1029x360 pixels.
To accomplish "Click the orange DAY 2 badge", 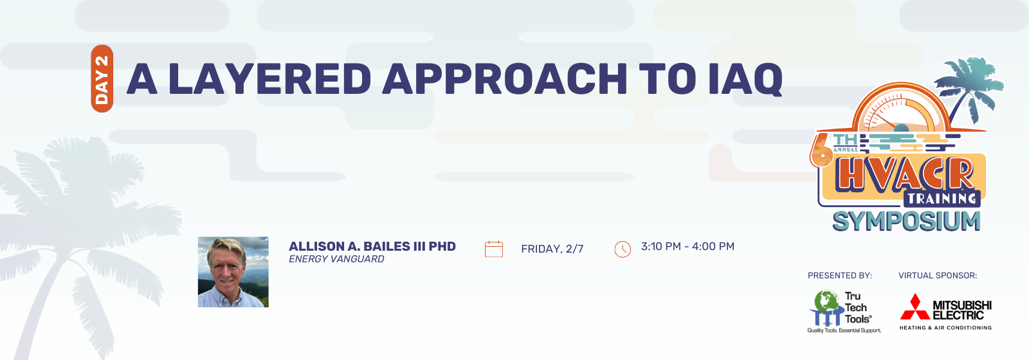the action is point(102,78).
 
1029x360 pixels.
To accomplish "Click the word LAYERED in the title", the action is point(269,78).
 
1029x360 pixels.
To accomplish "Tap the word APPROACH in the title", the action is point(504,78).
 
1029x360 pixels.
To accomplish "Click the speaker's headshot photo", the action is point(233,272).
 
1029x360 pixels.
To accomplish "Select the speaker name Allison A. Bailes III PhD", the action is point(372,247).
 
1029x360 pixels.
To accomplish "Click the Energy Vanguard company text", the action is point(336,259).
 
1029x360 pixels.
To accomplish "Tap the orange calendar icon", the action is point(494,249).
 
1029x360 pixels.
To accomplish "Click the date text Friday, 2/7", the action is point(552,249).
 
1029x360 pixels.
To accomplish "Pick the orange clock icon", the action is point(623,249).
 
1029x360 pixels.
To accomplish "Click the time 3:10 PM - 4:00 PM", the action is point(688,247).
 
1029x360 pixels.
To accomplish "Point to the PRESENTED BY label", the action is point(840,276).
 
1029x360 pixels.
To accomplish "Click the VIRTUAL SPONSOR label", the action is point(938,276).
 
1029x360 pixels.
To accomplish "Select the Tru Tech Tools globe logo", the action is point(826,308).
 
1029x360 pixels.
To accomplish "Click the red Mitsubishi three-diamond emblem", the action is point(915,307).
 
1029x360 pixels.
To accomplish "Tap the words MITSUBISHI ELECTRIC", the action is point(962,310).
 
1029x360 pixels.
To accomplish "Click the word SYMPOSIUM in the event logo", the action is point(906,221).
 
